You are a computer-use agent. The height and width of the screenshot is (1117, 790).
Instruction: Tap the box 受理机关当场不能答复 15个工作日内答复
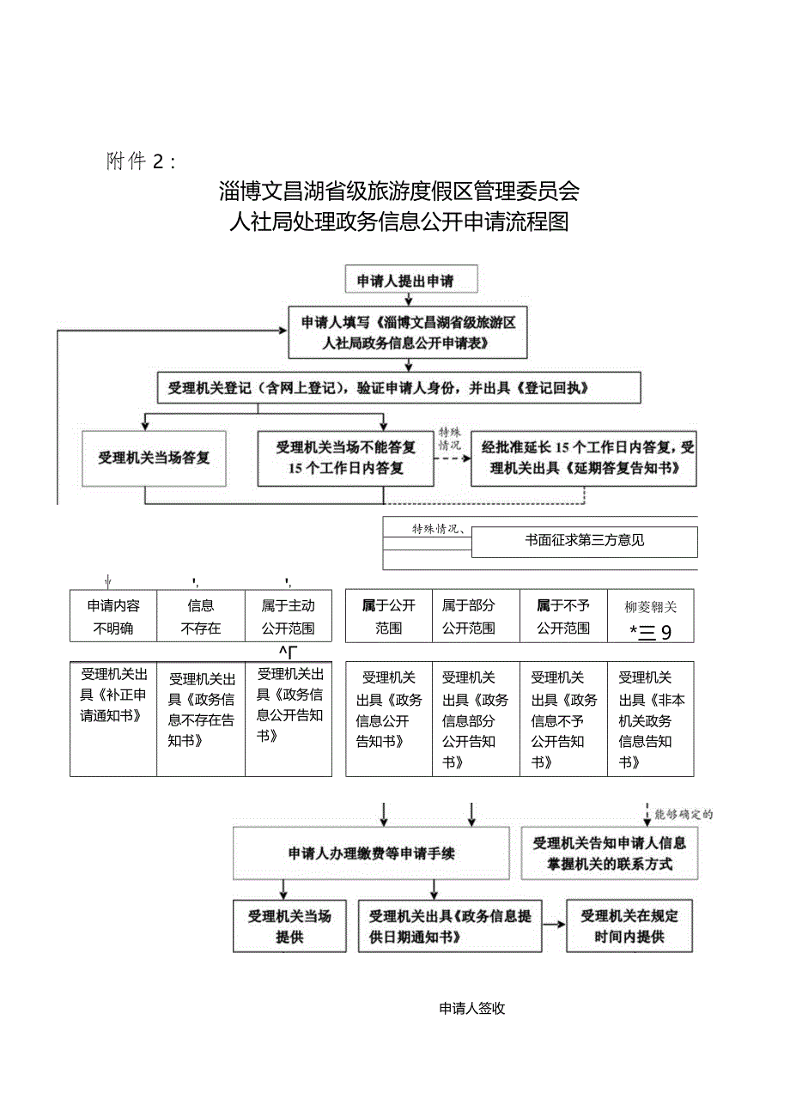coord(346,458)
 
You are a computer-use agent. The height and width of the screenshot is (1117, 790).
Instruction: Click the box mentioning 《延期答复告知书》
coord(584,458)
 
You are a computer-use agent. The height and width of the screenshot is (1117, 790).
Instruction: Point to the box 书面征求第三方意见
coord(584,541)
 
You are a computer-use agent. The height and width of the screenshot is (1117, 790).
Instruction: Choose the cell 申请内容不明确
coord(113,616)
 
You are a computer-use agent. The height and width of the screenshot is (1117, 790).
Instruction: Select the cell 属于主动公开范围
coord(289,616)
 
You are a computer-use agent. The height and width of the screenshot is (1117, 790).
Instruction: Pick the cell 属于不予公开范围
coord(563,616)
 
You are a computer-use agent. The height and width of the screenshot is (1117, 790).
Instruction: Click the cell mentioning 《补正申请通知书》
coord(113,719)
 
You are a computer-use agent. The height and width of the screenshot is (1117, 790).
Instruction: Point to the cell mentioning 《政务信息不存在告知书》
coord(201,719)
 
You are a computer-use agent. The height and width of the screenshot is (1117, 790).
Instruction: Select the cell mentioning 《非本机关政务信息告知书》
coord(651,719)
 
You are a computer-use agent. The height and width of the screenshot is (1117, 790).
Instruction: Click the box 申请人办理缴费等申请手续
coord(371,853)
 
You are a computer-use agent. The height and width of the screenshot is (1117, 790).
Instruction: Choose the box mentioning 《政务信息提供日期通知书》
coord(450,926)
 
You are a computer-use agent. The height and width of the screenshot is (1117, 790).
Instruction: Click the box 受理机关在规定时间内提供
coord(629,926)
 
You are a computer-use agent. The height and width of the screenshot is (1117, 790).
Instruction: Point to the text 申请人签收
coord(472,1009)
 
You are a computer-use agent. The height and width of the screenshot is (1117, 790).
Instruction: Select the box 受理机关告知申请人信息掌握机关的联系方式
coord(610,853)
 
